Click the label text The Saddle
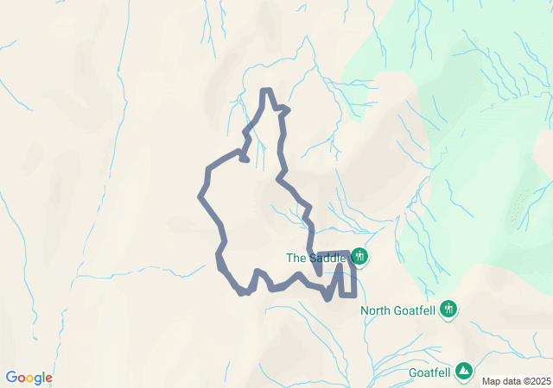coord(316,258)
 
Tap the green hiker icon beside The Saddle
coord(359,257)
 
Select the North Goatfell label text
coord(398,311)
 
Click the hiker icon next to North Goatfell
coord(448,309)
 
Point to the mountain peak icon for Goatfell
coord(465,370)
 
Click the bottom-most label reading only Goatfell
coord(429,372)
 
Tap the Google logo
coord(29,378)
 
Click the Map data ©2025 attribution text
coord(515,381)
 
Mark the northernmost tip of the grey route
coord(267,91)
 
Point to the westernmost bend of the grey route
coord(201,197)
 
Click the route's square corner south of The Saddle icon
coord(353,295)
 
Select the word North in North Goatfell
coord(377,311)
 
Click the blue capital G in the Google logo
coord(11,378)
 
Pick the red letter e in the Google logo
coord(48,379)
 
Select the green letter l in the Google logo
coord(43,377)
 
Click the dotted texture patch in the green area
coord(518,208)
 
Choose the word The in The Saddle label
coord(296,258)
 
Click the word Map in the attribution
coord(491,381)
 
